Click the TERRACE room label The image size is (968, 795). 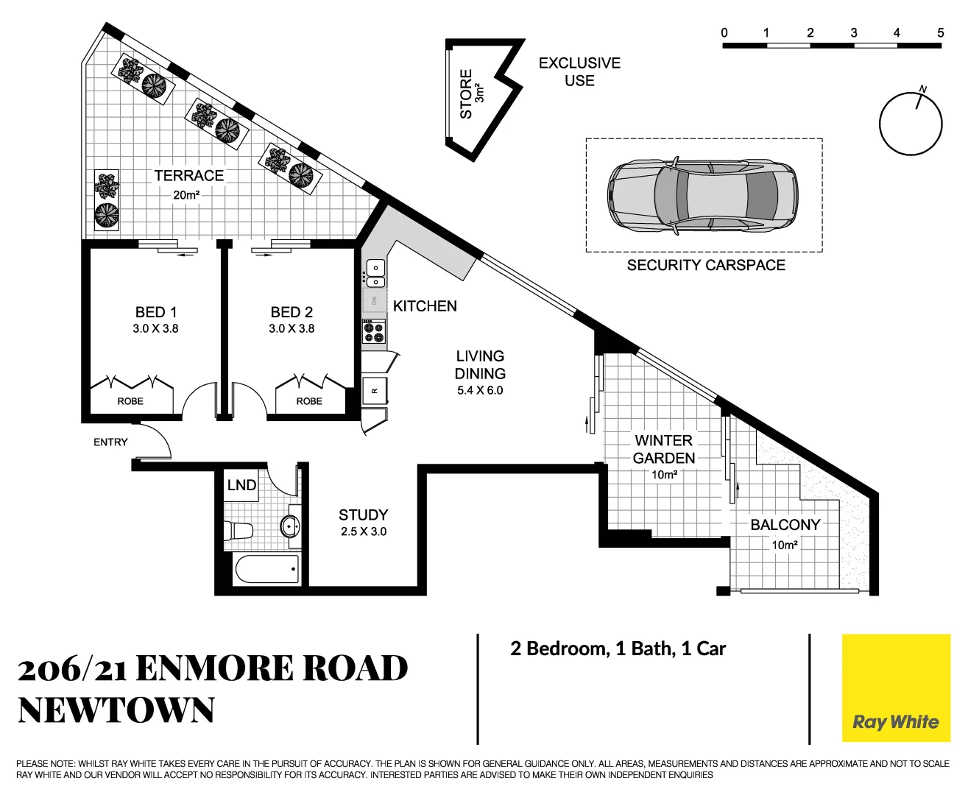[188, 176]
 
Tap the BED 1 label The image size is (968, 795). [155, 312]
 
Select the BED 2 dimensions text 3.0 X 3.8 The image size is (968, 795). [292, 329]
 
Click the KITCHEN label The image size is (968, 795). [425, 306]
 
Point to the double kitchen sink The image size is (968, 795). [375, 274]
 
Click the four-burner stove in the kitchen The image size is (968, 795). [374, 333]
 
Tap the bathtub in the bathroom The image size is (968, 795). [266, 569]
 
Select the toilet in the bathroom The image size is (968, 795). [239, 530]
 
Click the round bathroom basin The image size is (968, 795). [290, 526]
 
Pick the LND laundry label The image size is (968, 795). [241, 485]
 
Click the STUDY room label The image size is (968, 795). [363, 515]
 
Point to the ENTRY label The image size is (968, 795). [110, 442]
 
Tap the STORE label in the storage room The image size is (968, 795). [466, 94]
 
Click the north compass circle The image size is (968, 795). [911, 124]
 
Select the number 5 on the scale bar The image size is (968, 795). [940, 32]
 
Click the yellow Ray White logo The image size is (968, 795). [896, 688]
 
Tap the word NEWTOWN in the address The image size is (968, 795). [116, 710]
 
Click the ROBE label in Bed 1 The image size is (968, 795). [130, 401]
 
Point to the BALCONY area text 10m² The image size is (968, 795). [785, 545]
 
